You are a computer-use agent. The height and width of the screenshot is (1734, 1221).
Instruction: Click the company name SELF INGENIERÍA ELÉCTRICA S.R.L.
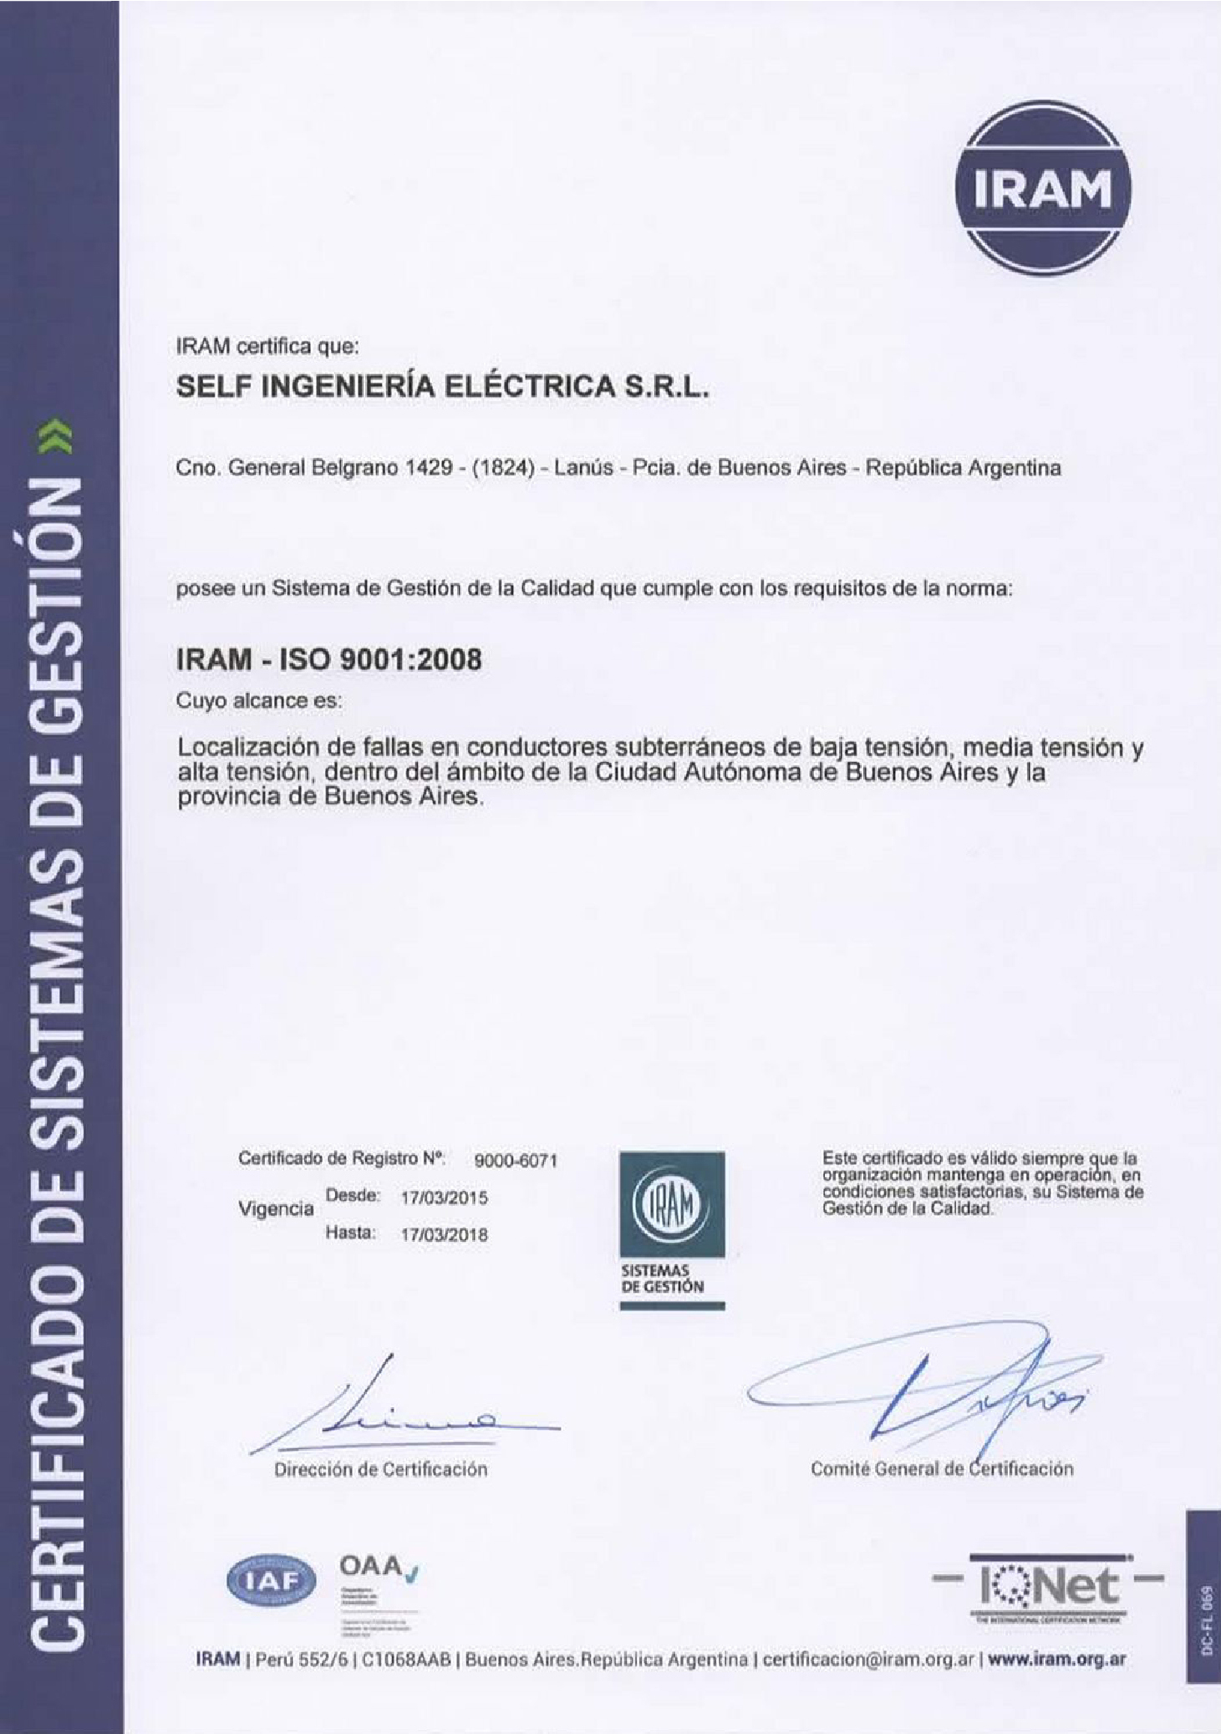(443, 386)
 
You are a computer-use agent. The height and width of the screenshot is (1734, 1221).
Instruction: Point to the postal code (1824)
(502, 468)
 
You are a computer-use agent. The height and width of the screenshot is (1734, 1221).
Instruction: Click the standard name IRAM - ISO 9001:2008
(328, 659)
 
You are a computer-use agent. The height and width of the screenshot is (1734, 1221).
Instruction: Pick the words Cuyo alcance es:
(259, 700)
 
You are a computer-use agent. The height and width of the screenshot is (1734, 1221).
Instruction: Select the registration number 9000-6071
(515, 1160)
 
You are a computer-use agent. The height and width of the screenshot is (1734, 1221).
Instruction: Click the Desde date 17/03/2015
(444, 1198)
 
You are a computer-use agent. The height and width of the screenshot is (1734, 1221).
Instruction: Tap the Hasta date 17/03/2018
(444, 1234)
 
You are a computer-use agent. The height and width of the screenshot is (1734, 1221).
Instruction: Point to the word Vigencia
(276, 1208)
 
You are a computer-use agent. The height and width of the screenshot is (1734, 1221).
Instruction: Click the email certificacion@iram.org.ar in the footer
(868, 1660)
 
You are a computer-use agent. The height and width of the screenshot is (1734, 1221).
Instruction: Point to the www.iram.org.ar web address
(1056, 1660)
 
